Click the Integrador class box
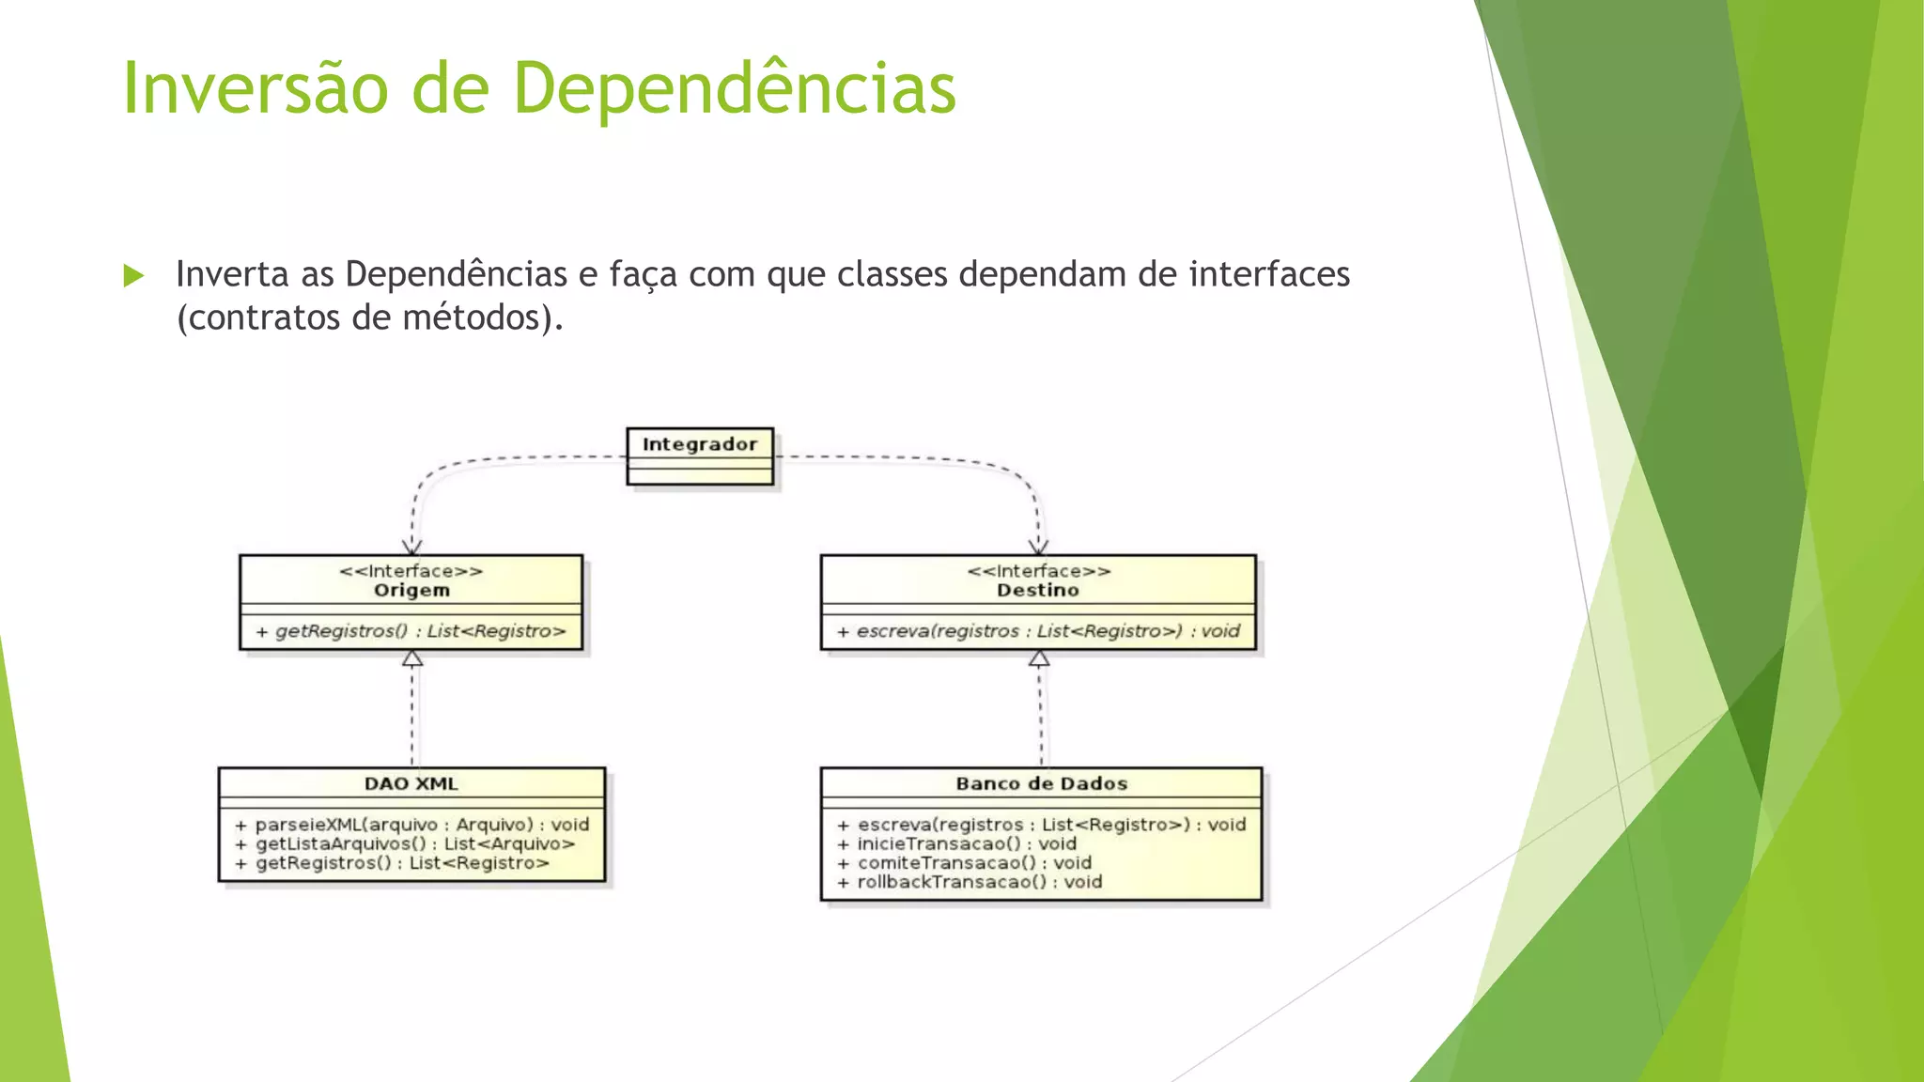tap(700, 456)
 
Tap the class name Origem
tap(411, 591)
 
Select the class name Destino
tap(1038, 591)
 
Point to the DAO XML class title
tap(411, 783)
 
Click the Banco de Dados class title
tap(1041, 783)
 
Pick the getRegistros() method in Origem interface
tap(411, 631)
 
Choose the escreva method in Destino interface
tap(1038, 631)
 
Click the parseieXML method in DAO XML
tap(411, 825)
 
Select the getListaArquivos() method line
tap(405, 843)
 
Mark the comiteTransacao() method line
tap(965, 862)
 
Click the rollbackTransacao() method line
tap(970, 882)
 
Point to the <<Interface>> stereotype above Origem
tap(411, 571)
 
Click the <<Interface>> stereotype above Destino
tap(1038, 571)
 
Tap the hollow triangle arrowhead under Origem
tap(412, 658)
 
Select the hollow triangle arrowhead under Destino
tap(1039, 658)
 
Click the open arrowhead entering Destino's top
tap(1038, 547)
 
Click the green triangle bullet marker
tap(134, 276)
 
